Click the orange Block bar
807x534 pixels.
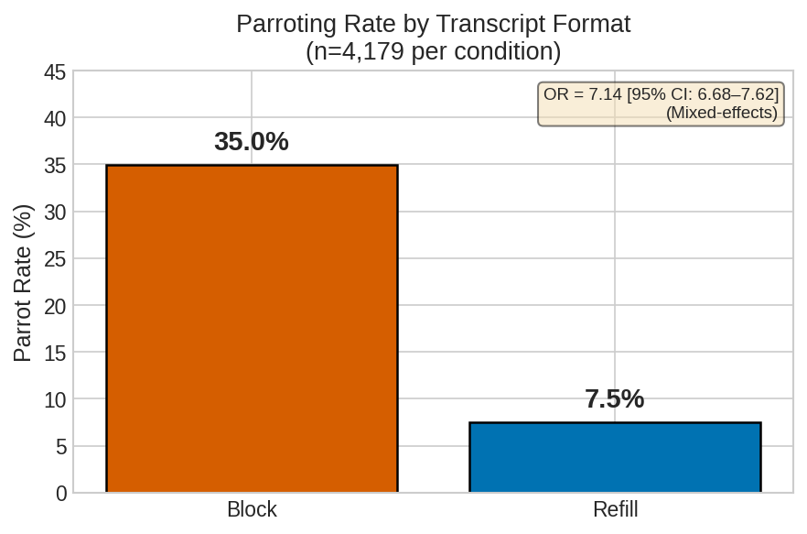tap(252, 329)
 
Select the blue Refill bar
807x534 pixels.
tap(615, 457)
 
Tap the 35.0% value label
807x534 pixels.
tap(252, 142)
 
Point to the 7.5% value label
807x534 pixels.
tap(615, 399)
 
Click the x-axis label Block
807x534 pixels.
tap(252, 510)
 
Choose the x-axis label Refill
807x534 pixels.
tap(615, 510)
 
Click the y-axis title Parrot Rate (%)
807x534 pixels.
tap(23, 282)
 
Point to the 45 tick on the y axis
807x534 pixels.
tap(55, 71)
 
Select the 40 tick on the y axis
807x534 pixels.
tap(55, 118)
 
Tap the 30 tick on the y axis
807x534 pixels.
tap(55, 212)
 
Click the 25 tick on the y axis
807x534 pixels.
tap(55, 259)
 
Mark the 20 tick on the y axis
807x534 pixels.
tap(55, 306)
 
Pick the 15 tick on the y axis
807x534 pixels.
tap(55, 353)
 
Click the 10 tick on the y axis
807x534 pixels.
tap(55, 399)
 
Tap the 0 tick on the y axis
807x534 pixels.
tap(61, 494)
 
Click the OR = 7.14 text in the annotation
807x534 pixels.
tap(582, 94)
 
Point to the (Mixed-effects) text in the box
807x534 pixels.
tap(721, 113)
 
